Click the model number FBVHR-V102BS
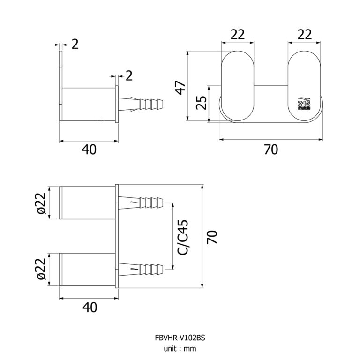(x=180, y=337)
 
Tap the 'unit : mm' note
(x=180, y=348)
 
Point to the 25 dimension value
(x=201, y=103)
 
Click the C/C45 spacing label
(x=183, y=237)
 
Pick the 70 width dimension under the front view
(x=271, y=150)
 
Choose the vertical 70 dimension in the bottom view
(x=213, y=236)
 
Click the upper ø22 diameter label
(x=41, y=202)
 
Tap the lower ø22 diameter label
(x=41, y=269)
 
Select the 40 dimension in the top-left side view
(x=89, y=150)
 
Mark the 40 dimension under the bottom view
(x=89, y=307)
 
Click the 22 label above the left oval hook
(x=238, y=35)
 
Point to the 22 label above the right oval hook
(x=305, y=35)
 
